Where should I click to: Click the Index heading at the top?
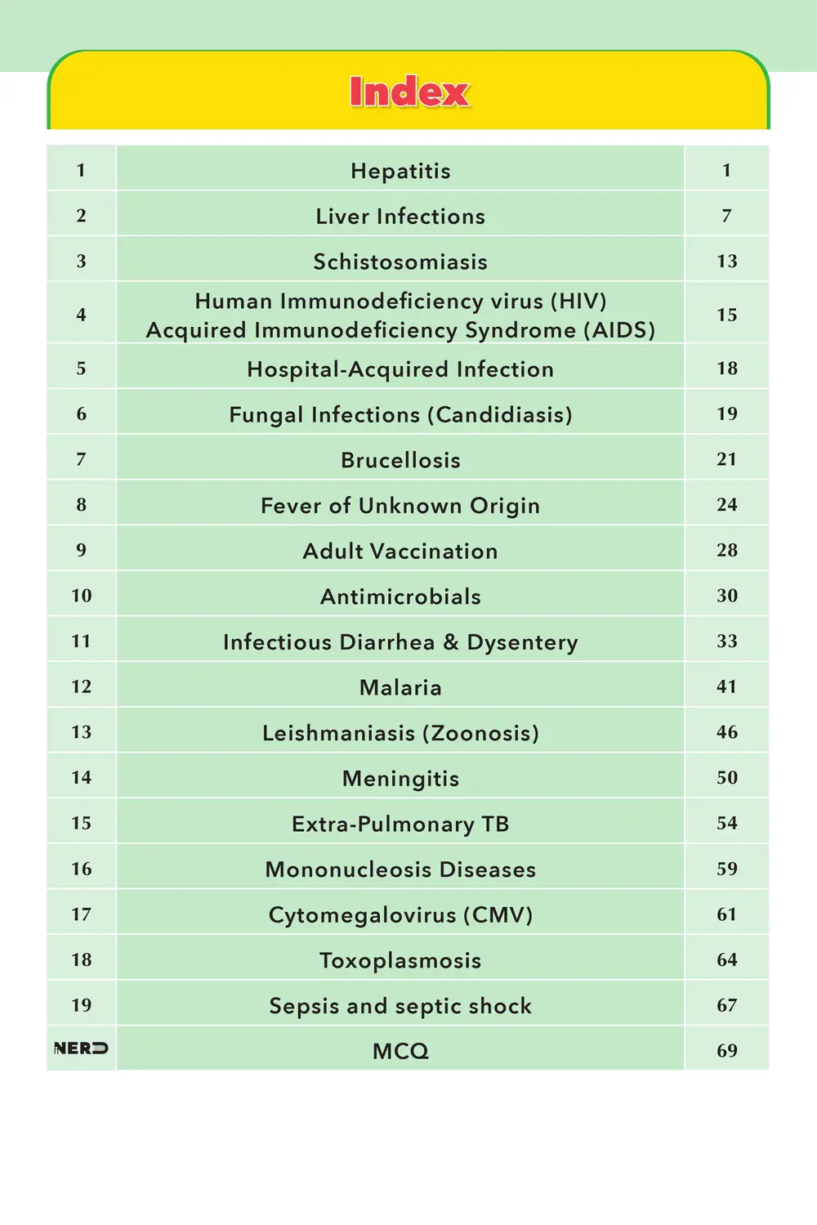409,92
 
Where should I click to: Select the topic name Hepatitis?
400,171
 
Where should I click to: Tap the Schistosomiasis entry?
400,262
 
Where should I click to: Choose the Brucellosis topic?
400,460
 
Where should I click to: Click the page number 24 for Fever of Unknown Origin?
726,505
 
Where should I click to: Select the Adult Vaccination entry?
400,551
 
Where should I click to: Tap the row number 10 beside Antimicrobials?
81,596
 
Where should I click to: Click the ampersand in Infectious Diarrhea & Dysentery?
451,642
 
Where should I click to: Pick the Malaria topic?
400,687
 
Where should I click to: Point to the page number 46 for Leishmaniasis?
726,732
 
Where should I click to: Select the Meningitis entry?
400,779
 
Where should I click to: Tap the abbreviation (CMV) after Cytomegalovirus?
498,914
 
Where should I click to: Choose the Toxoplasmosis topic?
400,960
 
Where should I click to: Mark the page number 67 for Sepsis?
726,1005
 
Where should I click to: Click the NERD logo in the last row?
81,1048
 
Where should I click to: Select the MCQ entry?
400,1051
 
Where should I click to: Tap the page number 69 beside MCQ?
726,1051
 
